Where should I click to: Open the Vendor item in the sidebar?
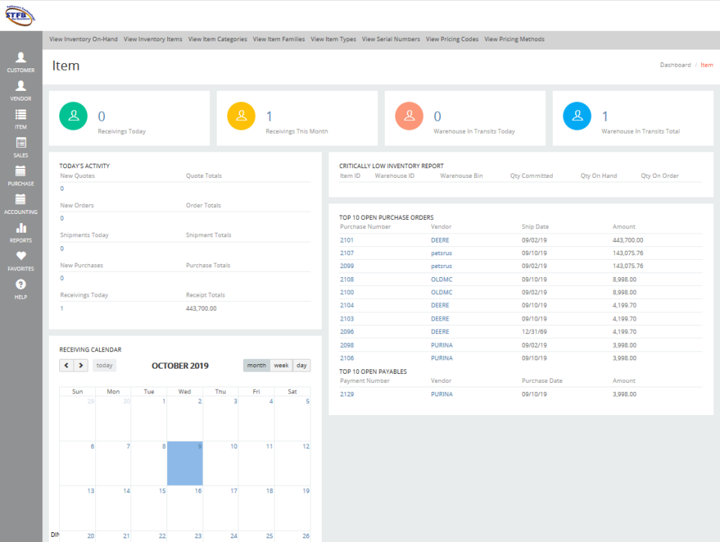(x=21, y=90)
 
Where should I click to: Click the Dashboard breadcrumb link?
(x=675, y=65)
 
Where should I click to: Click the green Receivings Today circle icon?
(x=73, y=116)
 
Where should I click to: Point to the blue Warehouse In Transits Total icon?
(x=577, y=116)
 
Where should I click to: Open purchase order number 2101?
(x=346, y=240)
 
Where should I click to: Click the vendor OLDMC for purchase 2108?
(x=441, y=279)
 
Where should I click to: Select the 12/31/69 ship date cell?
(x=533, y=332)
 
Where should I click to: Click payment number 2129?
(x=346, y=394)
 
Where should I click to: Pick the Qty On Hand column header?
(x=598, y=176)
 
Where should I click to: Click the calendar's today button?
(x=104, y=366)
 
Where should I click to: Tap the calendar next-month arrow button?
(x=81, y=366)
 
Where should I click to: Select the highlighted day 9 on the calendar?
(x=184, y=462)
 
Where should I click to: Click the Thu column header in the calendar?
(x=220, y=391)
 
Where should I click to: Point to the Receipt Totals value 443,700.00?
(x=201, y=309)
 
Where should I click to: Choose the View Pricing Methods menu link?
(x=514, y=39)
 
